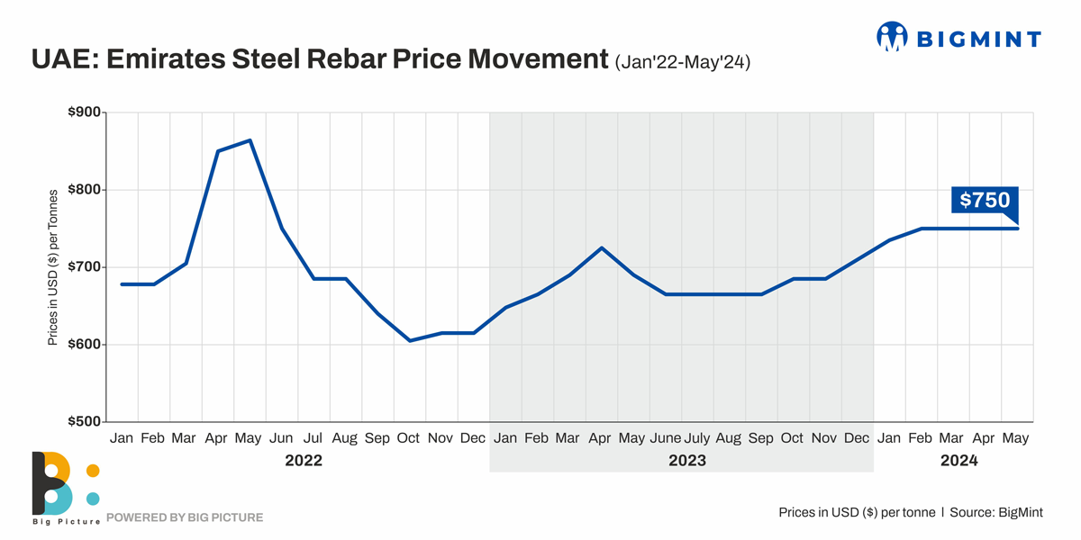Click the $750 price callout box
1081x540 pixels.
tap(985, 200)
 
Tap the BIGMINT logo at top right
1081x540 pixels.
tap(958, 37)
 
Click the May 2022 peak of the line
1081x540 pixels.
tap(250, 140)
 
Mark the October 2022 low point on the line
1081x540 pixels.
tap(410, 341)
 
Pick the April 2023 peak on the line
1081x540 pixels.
tap(601, 247)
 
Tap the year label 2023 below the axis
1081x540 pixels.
tap(686, 461)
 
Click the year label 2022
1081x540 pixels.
tap(303, 461)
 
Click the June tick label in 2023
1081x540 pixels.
tap(665, 438)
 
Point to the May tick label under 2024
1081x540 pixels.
tap(1015, 438)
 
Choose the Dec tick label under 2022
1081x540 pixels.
tap(473, 438)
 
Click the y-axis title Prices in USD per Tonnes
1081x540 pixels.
tap(53, 267)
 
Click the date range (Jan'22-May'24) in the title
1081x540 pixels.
tap(683, 63)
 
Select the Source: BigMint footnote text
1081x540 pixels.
tap(996, 512)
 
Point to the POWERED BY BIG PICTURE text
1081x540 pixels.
tap(185, 517)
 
